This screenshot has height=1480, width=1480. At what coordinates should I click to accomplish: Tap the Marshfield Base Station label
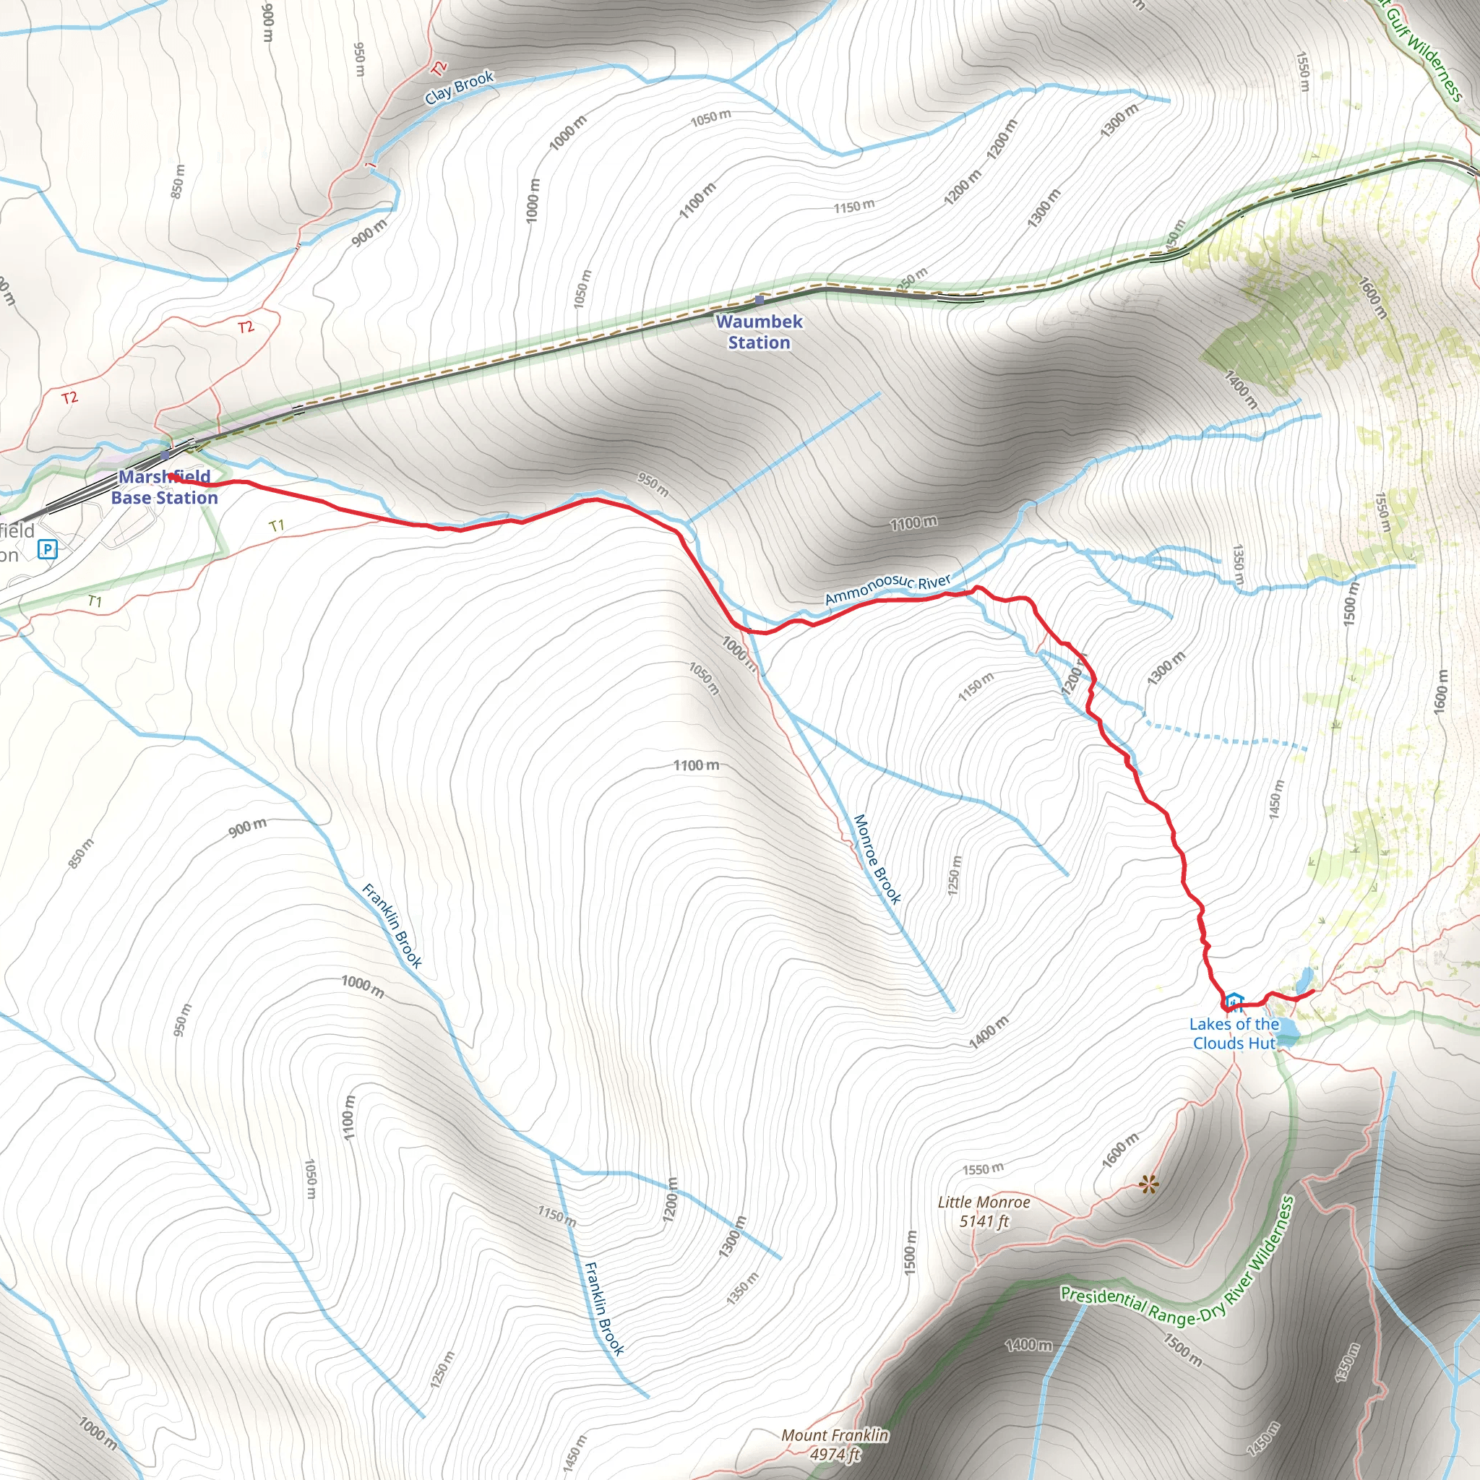164,487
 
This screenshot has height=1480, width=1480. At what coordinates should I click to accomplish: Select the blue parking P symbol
48,548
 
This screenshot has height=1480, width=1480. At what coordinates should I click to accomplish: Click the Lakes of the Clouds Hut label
1234,1033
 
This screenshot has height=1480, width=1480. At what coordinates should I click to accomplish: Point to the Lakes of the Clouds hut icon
1234,1003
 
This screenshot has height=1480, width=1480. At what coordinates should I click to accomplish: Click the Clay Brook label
460,87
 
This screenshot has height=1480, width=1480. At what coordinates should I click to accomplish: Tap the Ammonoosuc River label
887,588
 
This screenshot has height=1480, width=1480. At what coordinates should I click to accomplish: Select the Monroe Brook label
877,859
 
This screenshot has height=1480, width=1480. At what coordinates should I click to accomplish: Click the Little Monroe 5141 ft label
984,1212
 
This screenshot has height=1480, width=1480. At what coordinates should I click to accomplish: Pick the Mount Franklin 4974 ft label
835,1445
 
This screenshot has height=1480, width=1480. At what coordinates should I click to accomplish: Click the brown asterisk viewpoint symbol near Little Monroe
1148,1186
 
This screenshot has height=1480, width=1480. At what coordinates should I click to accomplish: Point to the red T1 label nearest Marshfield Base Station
277,525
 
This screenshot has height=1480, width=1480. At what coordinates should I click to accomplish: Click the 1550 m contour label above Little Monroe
983,1169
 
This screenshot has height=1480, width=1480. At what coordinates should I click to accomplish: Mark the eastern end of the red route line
1314,991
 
